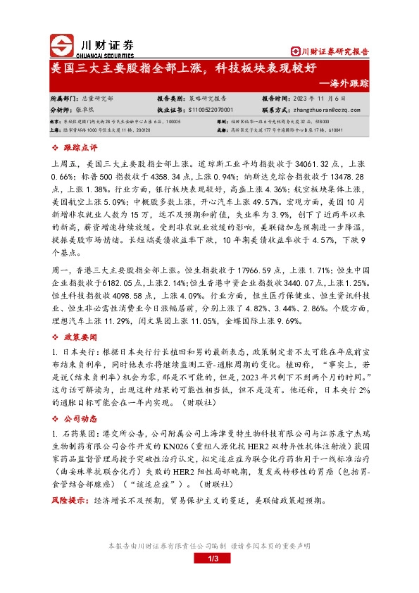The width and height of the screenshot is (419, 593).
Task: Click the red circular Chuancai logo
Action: [x=62, y=45]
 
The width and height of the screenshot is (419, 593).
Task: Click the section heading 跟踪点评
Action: [x=77, y=148]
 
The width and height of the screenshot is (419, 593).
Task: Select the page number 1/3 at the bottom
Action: [x=209, y=558]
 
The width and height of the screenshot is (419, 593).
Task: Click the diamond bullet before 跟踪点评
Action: [x=56, y=148]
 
